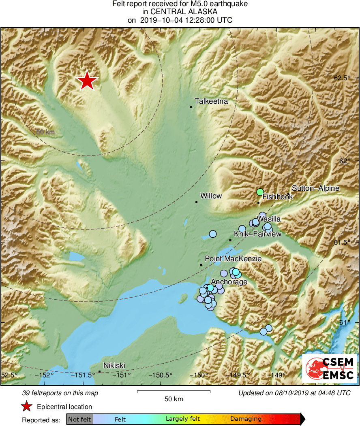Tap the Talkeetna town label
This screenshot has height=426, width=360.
(x=211, y=101)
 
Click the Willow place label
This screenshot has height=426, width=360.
(x=211, y=196)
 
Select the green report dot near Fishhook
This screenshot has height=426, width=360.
(x=260, y=192)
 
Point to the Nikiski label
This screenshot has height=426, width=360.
(x=114, y=366)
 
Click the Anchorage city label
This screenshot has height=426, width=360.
(x=229, y=282)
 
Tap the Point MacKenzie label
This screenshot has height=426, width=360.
(x=233, y=258)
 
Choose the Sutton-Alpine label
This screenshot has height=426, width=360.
(x=315, y=188)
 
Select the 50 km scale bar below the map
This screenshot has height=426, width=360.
(x=174, y=392)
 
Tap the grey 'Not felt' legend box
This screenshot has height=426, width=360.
(x=79, y=419)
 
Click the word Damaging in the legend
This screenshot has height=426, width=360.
(x=246, y=419)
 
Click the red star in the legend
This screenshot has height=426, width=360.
(x=26, y=407)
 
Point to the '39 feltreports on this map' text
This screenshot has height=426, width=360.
(x=60, y=393)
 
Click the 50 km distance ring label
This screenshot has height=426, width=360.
(x=45, y=132)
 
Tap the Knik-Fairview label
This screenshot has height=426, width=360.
(x=257, y=234)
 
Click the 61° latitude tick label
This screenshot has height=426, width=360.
(x=345, y=322)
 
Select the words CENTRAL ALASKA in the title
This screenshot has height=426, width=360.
(x=180, y=12)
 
